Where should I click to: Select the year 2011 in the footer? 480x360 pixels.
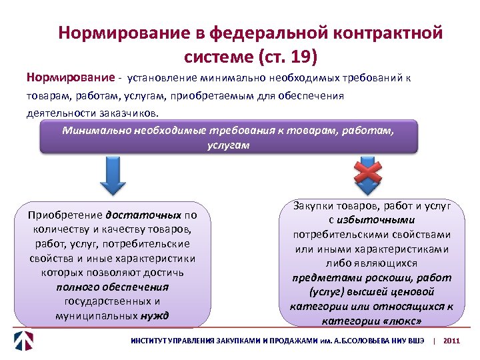(x=451, y=341)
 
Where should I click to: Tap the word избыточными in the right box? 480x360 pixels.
(x=377, y=220)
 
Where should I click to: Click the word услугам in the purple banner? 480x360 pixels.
(x=229, y=144)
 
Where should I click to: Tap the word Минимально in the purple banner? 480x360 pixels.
(x=96, y=130)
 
